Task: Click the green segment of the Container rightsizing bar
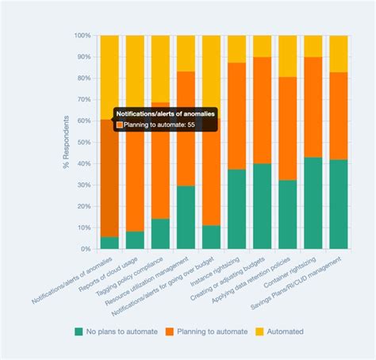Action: coord(313,203)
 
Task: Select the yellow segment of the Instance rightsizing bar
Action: coord(236,48)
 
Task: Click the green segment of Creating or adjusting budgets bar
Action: coord(262,206)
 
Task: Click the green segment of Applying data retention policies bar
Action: coord(287,214)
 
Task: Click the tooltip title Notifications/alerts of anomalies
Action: coord(164,114)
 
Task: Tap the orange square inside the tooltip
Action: coord(120,125)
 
